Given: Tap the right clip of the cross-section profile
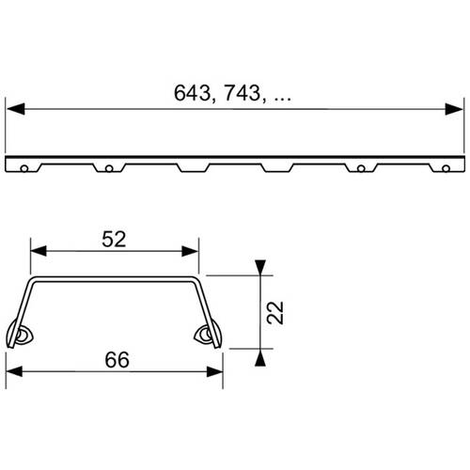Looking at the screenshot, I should (x=204, y=335).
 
